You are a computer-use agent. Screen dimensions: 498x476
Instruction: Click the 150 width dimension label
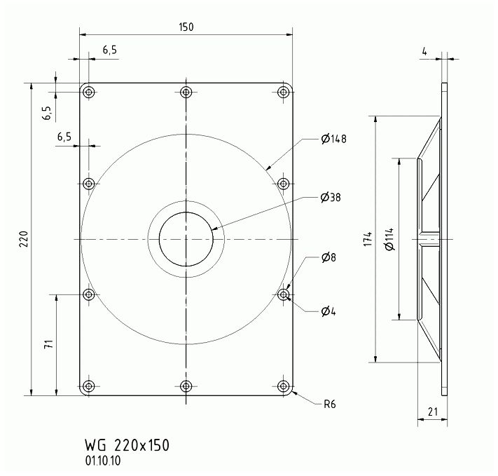click(x=186, y=27)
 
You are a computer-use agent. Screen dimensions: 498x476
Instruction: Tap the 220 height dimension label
click(x=24, y=239)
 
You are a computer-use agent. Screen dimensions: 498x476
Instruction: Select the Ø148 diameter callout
click(x=333, y=139)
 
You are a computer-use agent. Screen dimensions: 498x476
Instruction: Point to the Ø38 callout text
click(x=331, y=198)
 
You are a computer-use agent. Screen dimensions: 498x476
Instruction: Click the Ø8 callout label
click(x=328, y=257)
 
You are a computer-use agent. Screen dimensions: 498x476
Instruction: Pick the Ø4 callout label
click(x=328, y=311)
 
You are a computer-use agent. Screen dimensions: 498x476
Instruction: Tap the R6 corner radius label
click(x=330, y=404)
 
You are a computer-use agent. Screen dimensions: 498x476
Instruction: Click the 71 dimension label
click(x=48, y=344)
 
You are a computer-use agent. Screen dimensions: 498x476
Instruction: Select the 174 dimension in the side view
click(x=367, y=239)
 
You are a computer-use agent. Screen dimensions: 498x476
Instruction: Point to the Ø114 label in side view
click(x=389, y=239)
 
